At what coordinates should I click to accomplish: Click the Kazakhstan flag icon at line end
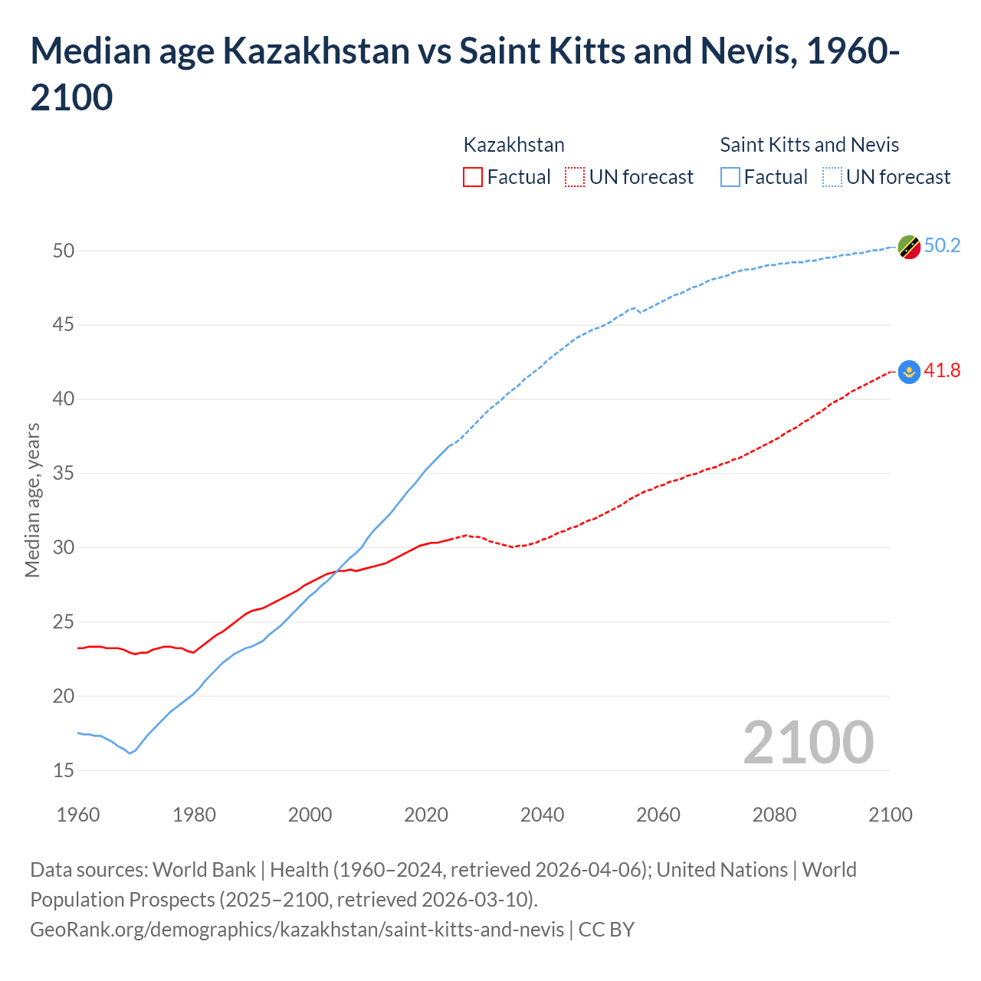(909, 372)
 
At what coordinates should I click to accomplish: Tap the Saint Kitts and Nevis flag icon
(909, 247)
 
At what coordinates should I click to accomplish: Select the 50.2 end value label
(942, 245)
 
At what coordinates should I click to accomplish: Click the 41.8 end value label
(942, 371)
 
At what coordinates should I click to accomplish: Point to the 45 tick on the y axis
(64, 325)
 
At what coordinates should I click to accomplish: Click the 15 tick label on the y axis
(64, 770)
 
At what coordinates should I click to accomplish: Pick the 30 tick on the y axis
(64, 547)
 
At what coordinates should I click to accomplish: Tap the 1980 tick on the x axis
(194, 815)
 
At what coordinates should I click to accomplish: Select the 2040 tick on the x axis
(542, 815)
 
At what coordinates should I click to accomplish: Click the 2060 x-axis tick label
(658, 815)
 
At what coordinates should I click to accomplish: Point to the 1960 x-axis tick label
(78, 815)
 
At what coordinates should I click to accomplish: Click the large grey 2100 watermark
(808, 742)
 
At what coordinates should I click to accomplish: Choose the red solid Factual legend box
(473, 177)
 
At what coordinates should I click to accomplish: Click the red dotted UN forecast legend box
(575, 177)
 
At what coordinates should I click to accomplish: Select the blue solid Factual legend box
(730, 177)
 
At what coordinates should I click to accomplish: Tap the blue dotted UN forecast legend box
(832, 177)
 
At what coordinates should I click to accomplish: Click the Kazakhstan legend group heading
(513, 145)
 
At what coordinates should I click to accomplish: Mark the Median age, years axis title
(32, 500)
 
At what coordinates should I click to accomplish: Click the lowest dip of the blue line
(130, 753)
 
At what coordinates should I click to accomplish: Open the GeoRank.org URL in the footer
(297, 929)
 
